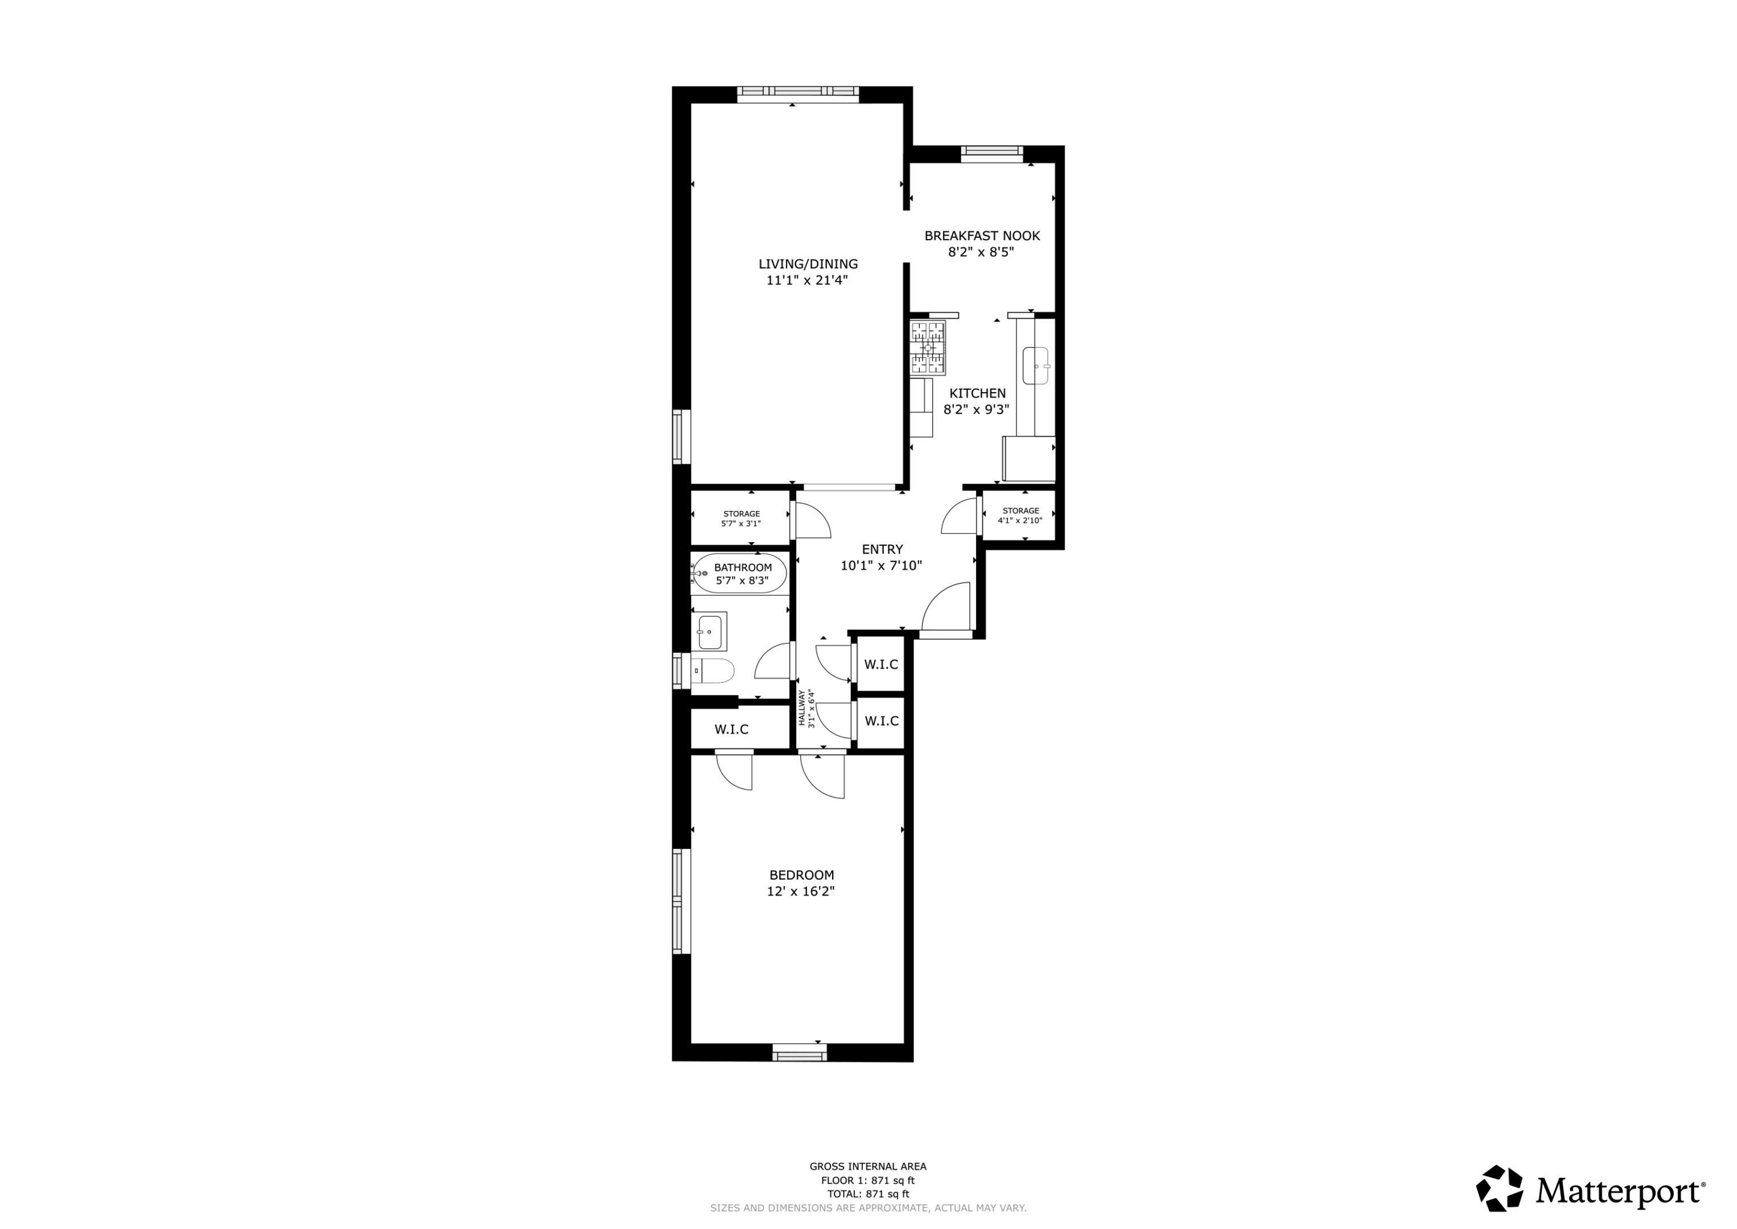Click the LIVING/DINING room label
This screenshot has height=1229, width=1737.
[x=808, y=264]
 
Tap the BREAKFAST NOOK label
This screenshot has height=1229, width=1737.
[x=982, y=236]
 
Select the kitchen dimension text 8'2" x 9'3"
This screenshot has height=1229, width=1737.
[x=976, y=410]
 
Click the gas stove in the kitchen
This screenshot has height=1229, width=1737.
[x=928, y=348]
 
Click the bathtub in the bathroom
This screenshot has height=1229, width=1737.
[x=739, y=574]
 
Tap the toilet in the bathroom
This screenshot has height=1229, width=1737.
[x=713, y=670]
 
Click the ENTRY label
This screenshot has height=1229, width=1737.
[x=882, y=550]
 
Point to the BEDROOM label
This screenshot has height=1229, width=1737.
[x=801, y=875]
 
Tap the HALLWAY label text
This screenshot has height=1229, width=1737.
[x=802, y=708]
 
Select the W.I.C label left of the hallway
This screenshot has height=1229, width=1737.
[x=731, y=729]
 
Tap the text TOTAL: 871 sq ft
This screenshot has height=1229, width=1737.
[x=868, y=1194]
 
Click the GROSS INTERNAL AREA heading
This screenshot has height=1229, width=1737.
[x=868, y=1166]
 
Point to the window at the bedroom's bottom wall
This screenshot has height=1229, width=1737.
[x=800, y=1052]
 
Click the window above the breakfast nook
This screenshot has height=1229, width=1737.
[x=992, y=154]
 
